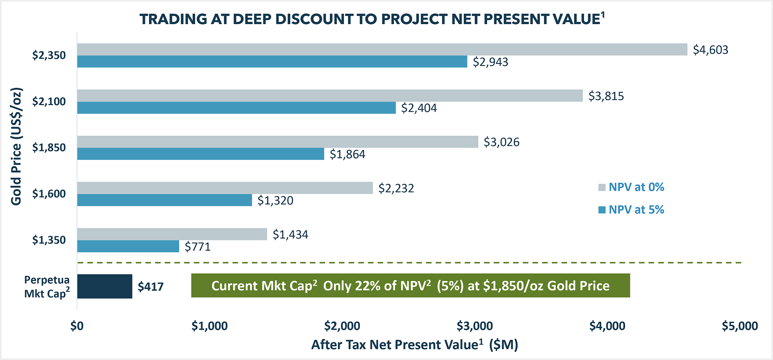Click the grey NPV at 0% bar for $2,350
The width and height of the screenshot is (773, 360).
382,49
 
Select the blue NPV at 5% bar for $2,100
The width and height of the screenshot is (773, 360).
236,108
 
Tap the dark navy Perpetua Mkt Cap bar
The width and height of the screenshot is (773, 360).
105,286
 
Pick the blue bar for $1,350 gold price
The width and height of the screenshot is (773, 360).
128,246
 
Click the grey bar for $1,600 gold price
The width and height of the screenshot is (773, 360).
225,188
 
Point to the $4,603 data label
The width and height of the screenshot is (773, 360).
710,50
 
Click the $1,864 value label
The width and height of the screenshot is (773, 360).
347,154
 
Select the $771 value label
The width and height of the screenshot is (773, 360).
197,246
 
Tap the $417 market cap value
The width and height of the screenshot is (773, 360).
151,287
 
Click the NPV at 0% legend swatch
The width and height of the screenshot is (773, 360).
602,187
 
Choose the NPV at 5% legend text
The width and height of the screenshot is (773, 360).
636,209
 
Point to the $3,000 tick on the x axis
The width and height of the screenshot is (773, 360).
475,326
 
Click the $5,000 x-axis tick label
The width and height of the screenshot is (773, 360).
740,326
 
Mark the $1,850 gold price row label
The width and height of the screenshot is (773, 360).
49,147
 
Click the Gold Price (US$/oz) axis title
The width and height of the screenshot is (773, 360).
16,147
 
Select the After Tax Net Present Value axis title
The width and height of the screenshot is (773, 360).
414,345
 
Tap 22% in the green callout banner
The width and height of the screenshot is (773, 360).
368,286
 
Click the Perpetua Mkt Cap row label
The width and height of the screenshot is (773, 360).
47,287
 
